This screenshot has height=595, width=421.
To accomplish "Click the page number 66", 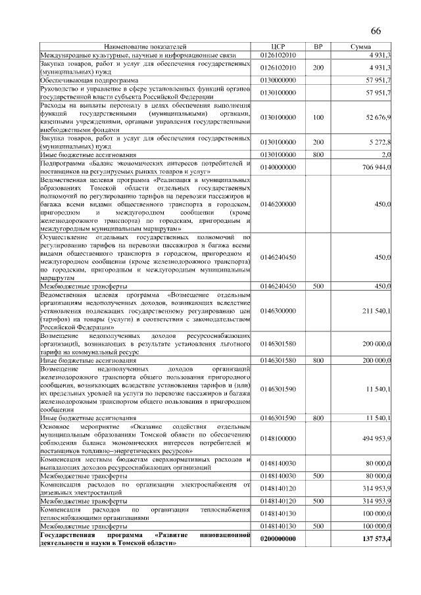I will (x=376, y=32).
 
